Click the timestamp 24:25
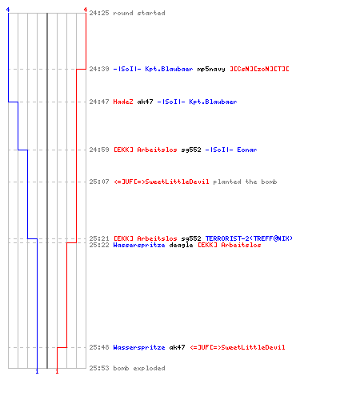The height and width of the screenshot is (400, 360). coord(99,13)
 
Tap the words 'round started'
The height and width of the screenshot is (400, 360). coord(139,13)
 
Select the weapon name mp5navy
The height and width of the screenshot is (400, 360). coord(211,69)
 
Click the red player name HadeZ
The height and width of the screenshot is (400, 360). coord(123,102)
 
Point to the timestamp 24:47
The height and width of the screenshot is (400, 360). coord(99,102)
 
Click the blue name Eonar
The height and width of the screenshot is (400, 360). coord(247,150)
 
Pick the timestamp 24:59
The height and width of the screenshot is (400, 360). coord(99,150)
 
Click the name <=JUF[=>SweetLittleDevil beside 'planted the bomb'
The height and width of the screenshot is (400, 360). coord(162,182)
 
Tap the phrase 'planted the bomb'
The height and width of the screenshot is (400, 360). coord(245,182)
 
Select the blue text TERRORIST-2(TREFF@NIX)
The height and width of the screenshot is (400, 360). coord(249,238)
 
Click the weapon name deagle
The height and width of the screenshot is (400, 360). coord(181,245)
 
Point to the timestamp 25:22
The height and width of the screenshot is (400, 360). coord(99,245)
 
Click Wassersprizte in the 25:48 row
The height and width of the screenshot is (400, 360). coord(139,347)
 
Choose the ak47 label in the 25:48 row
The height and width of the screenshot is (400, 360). coord(177,347)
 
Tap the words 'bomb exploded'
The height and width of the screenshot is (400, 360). coord(139,368)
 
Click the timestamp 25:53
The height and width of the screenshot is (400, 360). coord(99,368)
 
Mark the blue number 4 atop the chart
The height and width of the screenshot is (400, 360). coord(8,10)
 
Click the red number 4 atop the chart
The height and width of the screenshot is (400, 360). coord(86,10)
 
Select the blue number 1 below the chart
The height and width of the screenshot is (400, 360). coord(37,371)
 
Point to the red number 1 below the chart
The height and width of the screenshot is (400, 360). coord(57,371)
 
